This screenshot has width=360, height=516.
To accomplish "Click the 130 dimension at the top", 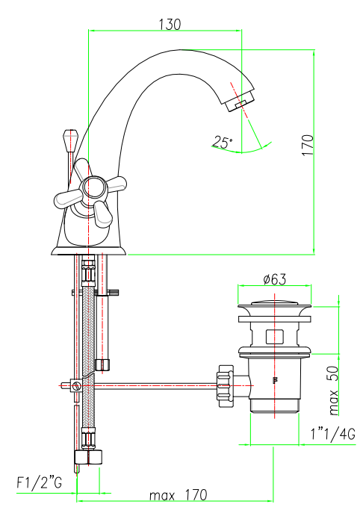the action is pyautogui.click(x=170, y=25).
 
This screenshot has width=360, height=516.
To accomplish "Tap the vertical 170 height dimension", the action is pyautogui.click(x=308, y=145).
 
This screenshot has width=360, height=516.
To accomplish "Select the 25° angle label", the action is pyautogui.click(x=222, y=142).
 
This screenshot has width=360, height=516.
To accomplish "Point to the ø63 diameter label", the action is pyautogui.click(x=275, y=279).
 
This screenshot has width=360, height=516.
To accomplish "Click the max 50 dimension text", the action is pyautogui.click(x=333, y=391).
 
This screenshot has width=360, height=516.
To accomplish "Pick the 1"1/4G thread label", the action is pyautogui.click(x=333, y=434).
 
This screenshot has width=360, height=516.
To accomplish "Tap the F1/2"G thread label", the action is pyautogui.click(x=39, y=482).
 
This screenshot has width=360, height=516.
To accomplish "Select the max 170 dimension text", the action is pyautogui.click(x=179, y=494).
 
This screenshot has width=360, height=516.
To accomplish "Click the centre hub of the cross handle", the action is pyautogui.click(x=95, y=188).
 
